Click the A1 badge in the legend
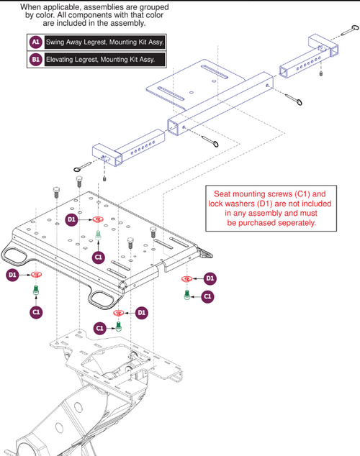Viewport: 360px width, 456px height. (35, 42)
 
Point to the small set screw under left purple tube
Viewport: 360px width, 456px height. (106, 178)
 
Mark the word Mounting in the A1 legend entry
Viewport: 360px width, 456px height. (125, 42)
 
